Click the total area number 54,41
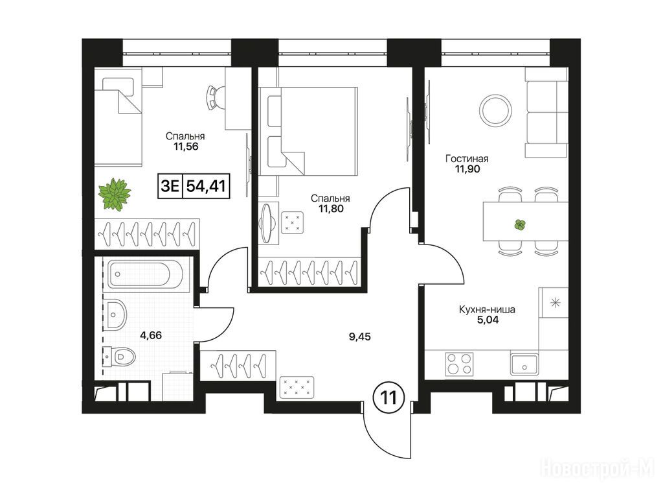[206, 185]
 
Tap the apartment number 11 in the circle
[388, 398]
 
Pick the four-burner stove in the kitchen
[459, 364]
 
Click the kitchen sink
[524, 364]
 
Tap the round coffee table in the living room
[495, 109]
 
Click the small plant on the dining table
[520, 225]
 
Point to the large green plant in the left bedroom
[114, 194]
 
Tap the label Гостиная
[467, 159]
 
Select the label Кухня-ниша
[487, 309]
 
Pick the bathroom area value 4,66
[151, 335]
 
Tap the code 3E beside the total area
[170, 185]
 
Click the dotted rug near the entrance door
[297, 387]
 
